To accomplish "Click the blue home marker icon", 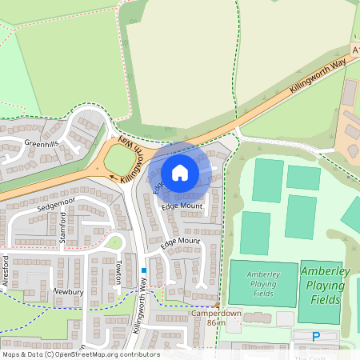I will coord(180,173).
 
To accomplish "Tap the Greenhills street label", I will coord(42,144).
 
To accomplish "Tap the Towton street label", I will coord(117,272).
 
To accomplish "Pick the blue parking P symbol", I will coord(315,336).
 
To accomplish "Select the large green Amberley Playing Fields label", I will coord(325,286).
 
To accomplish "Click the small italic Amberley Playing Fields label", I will coord(264,284).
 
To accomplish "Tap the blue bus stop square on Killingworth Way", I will coord(144,270).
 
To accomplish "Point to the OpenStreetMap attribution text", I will coord(80,354).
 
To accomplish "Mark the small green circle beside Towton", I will coord(117,242).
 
